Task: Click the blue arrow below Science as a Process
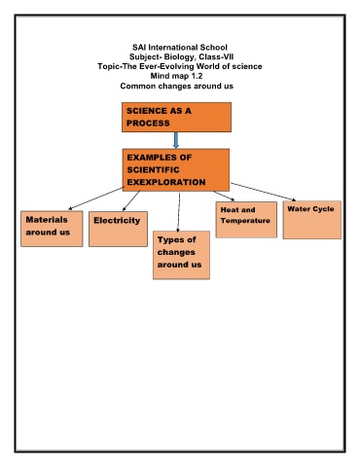pos(176,140)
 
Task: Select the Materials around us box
pos(52,229)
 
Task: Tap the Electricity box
pos(118,229)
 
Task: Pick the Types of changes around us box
pos(181,255)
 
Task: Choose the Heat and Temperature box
pos(246,220)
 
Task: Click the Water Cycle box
pos(312,220)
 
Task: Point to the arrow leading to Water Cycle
pos(263,192)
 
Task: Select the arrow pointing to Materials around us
pos(96,198)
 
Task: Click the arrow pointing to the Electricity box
pos(131,200)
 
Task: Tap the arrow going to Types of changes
pos(179,212)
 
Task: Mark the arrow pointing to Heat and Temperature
pos(224,196)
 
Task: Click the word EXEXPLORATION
pos(166,182)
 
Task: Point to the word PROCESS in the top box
pos(148,124)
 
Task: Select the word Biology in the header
pos(179,56)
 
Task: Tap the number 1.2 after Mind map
pos(197,76)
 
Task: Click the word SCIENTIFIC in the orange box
pos(153,170)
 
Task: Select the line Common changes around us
pos(177,86)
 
